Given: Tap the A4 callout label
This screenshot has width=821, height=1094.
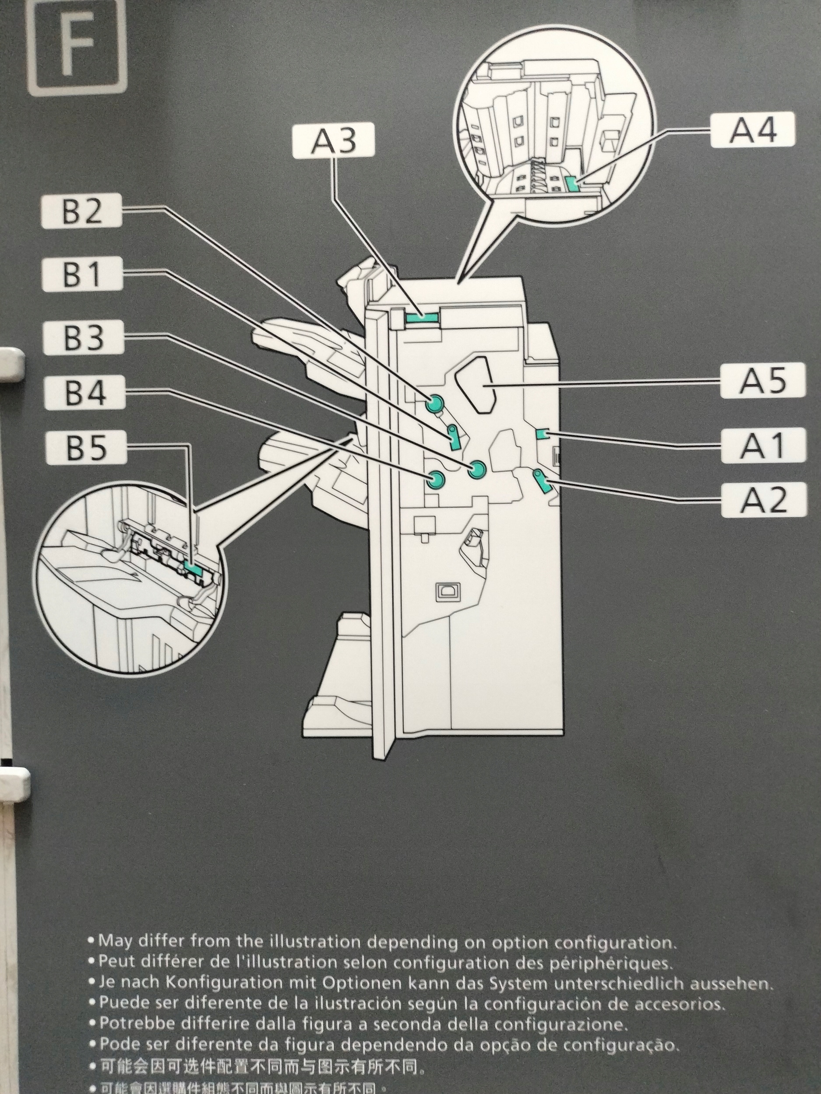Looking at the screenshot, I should coord(752,130).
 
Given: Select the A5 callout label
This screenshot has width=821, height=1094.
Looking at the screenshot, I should coord(763,380).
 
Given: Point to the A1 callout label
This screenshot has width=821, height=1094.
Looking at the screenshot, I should coord(763,445).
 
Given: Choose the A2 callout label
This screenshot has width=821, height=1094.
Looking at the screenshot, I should coord(763,500).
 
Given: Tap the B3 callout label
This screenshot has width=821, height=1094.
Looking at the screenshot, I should coord(83,337).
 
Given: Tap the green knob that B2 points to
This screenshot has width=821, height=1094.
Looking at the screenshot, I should coord(434,404).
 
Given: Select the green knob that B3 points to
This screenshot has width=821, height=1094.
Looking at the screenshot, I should coord(478,469).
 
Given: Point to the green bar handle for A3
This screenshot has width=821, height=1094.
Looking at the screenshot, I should coord(422,319).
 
